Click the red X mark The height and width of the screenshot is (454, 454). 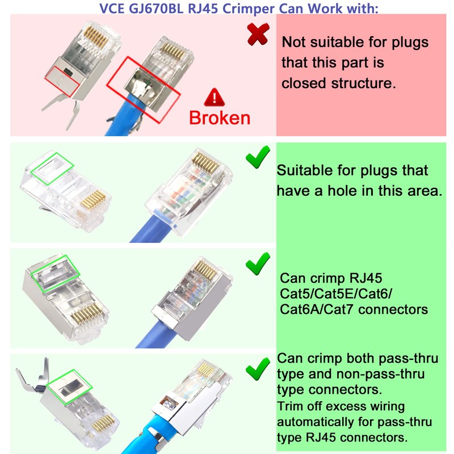tap(258, 36)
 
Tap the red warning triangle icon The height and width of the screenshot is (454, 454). tap(215, 97)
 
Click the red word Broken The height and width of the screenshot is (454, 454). tap(219, 117)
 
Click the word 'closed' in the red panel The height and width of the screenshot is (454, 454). tap(304, 83)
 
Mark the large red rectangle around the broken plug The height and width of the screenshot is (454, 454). tap(144, 85)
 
